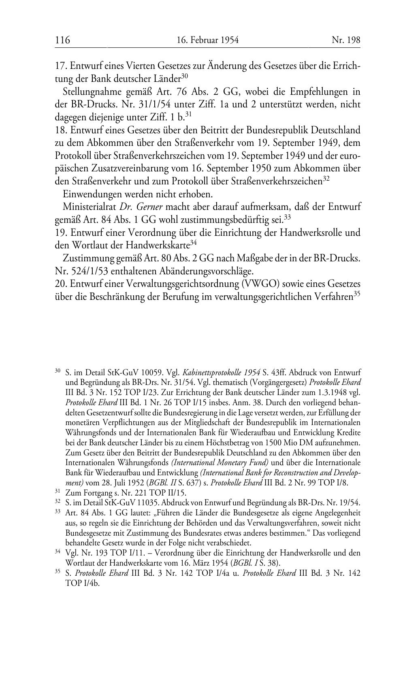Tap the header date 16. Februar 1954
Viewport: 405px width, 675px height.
point(208,40)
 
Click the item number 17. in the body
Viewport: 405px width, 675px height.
point(61,66)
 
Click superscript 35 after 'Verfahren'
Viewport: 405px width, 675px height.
point(357,295)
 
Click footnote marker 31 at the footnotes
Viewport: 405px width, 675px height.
point(58,491)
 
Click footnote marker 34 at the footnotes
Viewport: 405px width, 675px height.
point(58,552)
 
